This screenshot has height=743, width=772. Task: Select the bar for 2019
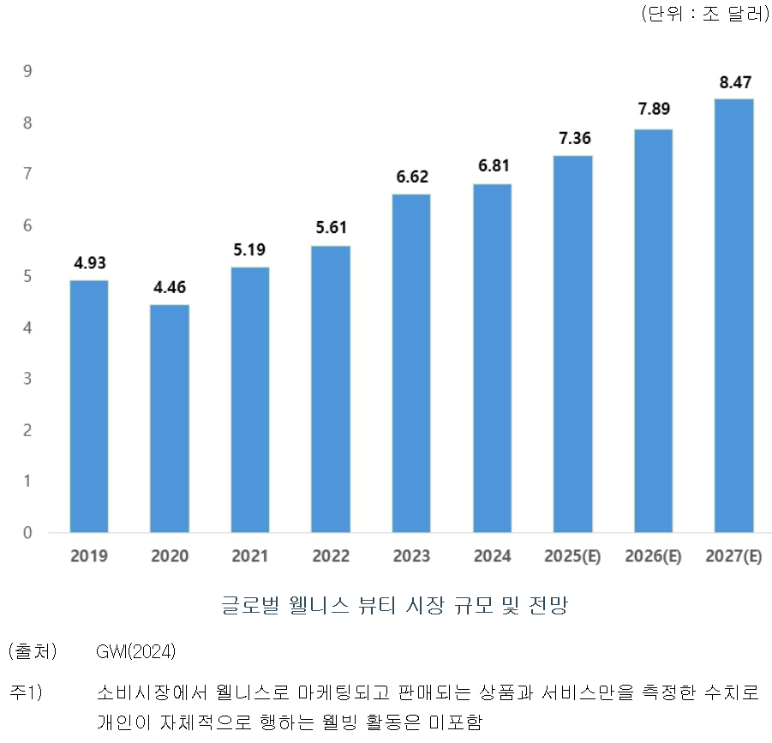89,406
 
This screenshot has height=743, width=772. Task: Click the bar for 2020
170,418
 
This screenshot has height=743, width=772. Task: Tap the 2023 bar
411,363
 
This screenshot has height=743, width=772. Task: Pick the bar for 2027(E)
733,315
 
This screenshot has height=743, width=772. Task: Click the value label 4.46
170,288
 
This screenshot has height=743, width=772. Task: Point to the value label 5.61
331,229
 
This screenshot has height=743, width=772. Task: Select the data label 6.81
492,167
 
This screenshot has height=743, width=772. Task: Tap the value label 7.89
653,110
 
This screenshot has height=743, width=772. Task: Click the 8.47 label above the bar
733,82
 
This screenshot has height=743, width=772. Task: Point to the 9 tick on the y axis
27,71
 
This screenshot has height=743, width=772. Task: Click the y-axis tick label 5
27,277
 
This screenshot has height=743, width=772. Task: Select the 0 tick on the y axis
27,533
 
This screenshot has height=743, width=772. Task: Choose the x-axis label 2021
250,556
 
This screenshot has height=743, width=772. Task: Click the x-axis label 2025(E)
572,556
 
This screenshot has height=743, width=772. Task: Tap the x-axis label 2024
492,556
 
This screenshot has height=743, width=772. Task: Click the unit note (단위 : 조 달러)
705,15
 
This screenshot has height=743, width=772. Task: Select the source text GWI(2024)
136,652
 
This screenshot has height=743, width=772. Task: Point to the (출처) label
32,652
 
